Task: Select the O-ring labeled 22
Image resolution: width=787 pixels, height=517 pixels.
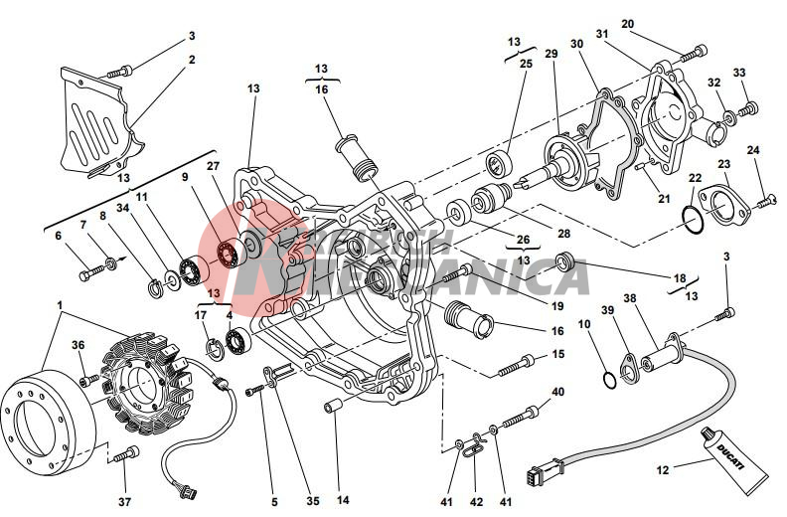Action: point(695,217)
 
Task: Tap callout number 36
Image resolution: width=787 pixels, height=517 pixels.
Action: point(79,345)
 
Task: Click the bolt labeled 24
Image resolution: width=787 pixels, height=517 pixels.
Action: point(766,202)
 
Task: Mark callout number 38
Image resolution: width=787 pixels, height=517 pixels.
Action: point(630,298)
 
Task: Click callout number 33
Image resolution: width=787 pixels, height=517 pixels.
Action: point(738,73)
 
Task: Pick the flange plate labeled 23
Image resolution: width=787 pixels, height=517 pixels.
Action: point(714,196)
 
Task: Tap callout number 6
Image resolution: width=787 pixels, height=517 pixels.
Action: point(58,236)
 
